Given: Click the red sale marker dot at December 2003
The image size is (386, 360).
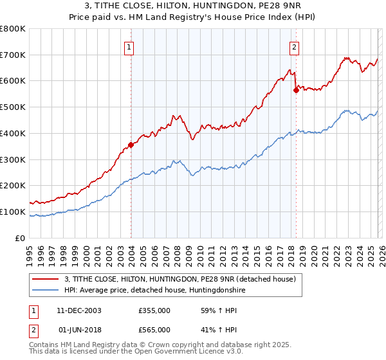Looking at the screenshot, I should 131,145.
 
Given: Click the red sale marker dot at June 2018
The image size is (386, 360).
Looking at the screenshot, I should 296,90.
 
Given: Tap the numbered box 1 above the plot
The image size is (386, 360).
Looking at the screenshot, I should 129,46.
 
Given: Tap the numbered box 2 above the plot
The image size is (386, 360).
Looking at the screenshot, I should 294,46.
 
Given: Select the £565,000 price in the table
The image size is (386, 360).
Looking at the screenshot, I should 154,329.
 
